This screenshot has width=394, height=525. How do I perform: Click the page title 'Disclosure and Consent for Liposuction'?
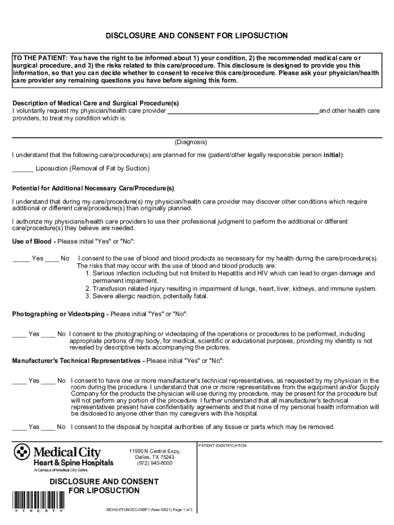(x=196, y=36)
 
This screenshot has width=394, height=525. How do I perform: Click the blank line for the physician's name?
(x=243, y=112)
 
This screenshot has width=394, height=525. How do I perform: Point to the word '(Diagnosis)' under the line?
(x=191, y=142)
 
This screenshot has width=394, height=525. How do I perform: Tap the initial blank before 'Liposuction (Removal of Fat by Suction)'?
(x=23, y=169)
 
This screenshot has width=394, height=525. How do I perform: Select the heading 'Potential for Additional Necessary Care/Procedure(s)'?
(x=93, y=188)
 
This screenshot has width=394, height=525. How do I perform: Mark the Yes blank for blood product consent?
(x=21, y=259)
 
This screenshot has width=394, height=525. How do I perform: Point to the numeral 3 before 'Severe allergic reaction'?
(x=87, y=296)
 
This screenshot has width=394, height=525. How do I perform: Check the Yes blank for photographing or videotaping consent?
(x=19, y=335)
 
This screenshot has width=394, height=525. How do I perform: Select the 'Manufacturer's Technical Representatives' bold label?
(x=76, y=361)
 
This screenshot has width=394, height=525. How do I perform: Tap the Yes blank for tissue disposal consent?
(x=19, y=428)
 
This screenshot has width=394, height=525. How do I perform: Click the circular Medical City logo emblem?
(x=22, y=453)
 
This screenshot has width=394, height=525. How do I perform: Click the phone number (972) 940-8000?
(x=155, y=463)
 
